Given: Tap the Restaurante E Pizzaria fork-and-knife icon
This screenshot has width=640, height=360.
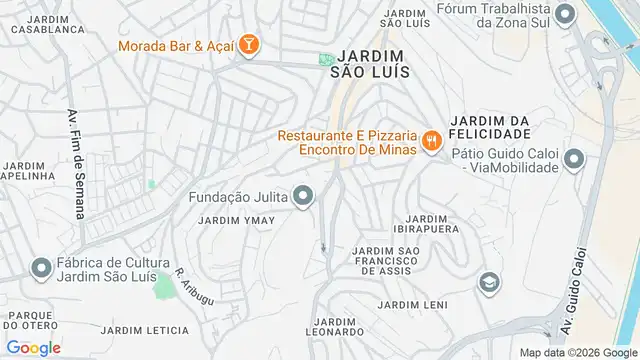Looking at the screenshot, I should point(432,141).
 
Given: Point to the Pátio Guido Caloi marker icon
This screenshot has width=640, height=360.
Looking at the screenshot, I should point(574,158).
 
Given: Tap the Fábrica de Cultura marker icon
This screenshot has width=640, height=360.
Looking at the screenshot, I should point(41,268).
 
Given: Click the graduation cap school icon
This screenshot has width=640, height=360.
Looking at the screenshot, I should point(488,283).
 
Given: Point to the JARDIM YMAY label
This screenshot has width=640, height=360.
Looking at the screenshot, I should point(236,220).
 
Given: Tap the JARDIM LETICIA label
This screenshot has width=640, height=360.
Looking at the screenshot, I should point(145,330).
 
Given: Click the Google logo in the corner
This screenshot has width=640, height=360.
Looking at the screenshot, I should point(33,347).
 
